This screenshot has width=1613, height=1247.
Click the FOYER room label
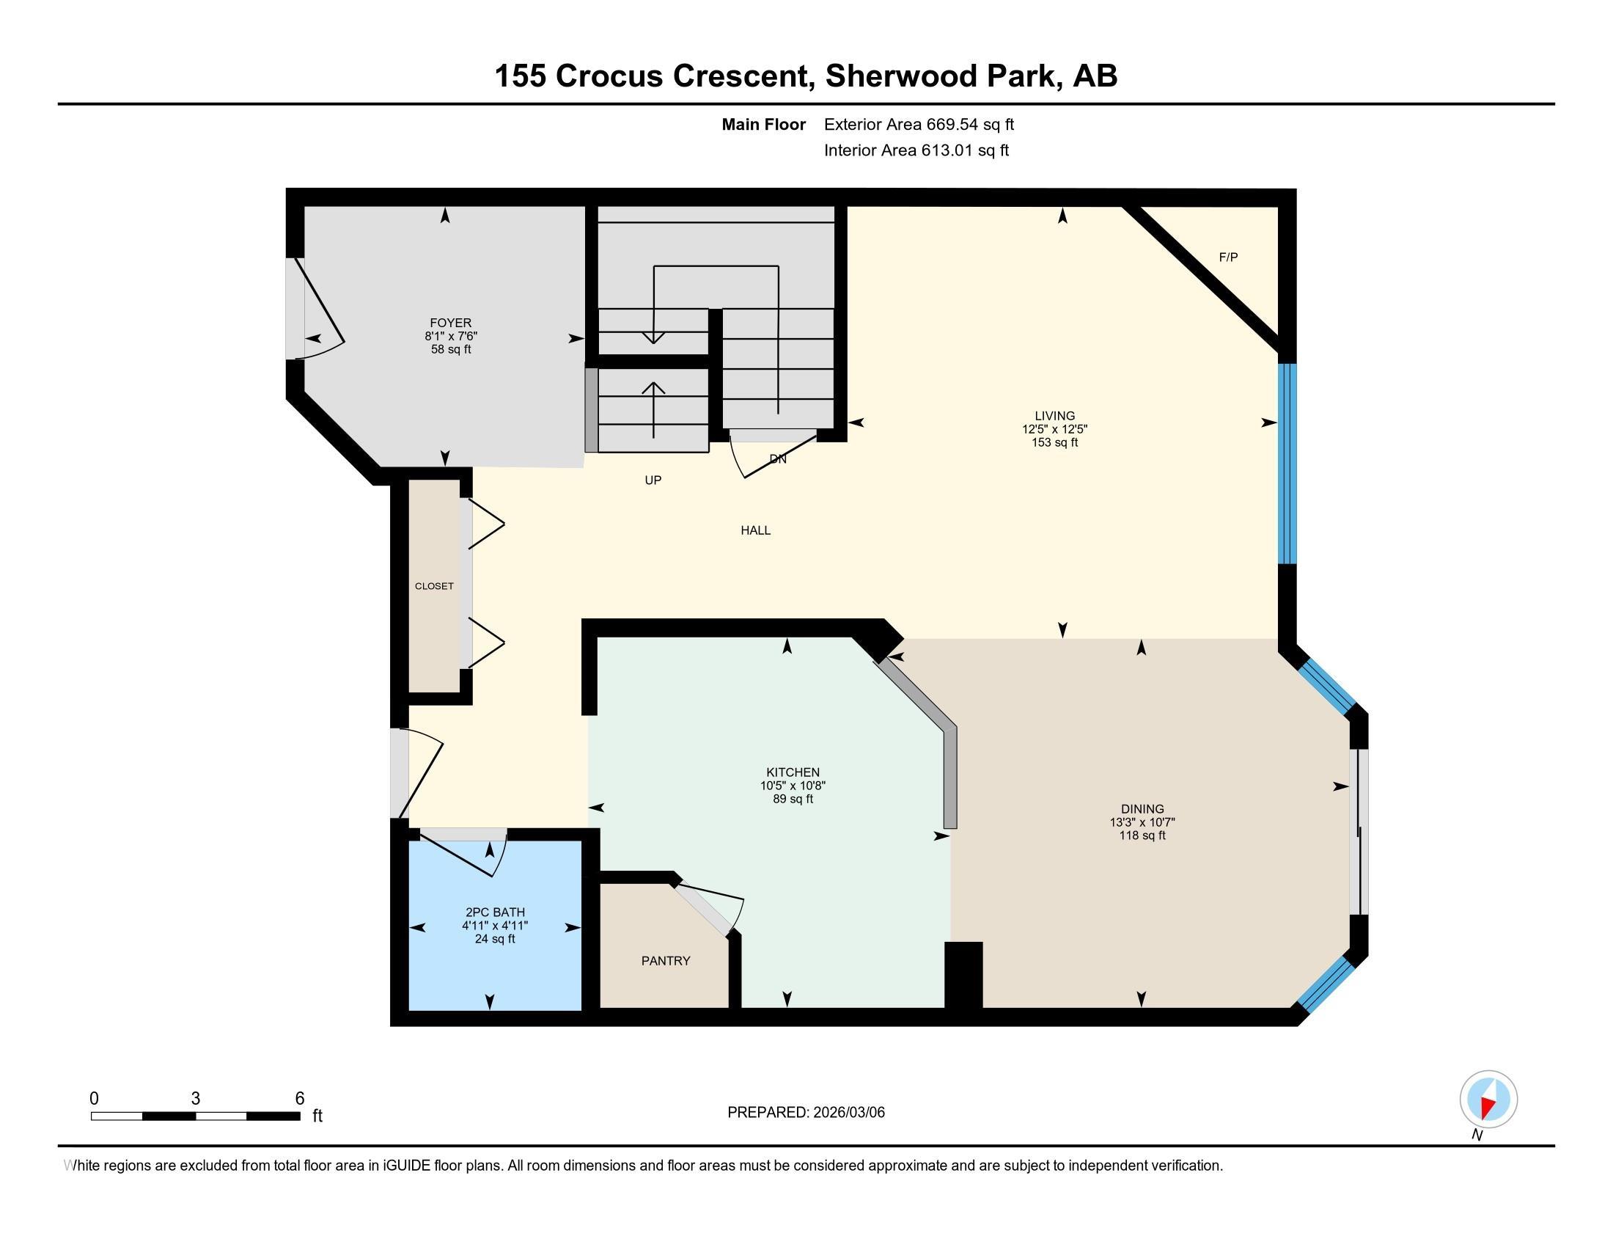click(x=450, y=323)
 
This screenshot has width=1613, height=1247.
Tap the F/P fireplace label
click(x=1228, y=257)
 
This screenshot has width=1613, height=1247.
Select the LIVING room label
click(x=1054, y=416)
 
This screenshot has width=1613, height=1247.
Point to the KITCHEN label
click(x=793, y=772)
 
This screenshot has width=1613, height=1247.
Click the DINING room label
click(x=1142, y=809)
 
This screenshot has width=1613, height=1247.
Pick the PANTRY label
click(x=666, y=960)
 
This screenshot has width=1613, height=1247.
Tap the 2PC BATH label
click(x=495, y=913)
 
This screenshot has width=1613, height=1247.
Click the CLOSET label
click(x=434, y=586)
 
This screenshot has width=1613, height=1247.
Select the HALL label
click(x=755, y=530)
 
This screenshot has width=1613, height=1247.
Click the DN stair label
click(x=778, y=458)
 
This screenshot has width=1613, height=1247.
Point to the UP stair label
click(x=653, y=480)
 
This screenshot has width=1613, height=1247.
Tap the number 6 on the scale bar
click(x=300, y=1098)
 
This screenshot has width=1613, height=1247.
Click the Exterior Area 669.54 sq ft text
click(x=919, y=124)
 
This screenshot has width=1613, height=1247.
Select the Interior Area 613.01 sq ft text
click(x=916, y=150)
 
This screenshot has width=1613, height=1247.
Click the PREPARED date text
click(x=806, y=1112)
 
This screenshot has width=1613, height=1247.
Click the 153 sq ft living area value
click(x=1054, y=442)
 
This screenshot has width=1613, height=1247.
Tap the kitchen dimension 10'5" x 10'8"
click(x=793, y=786)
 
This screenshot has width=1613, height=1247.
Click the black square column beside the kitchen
click(x=964, y=974)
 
